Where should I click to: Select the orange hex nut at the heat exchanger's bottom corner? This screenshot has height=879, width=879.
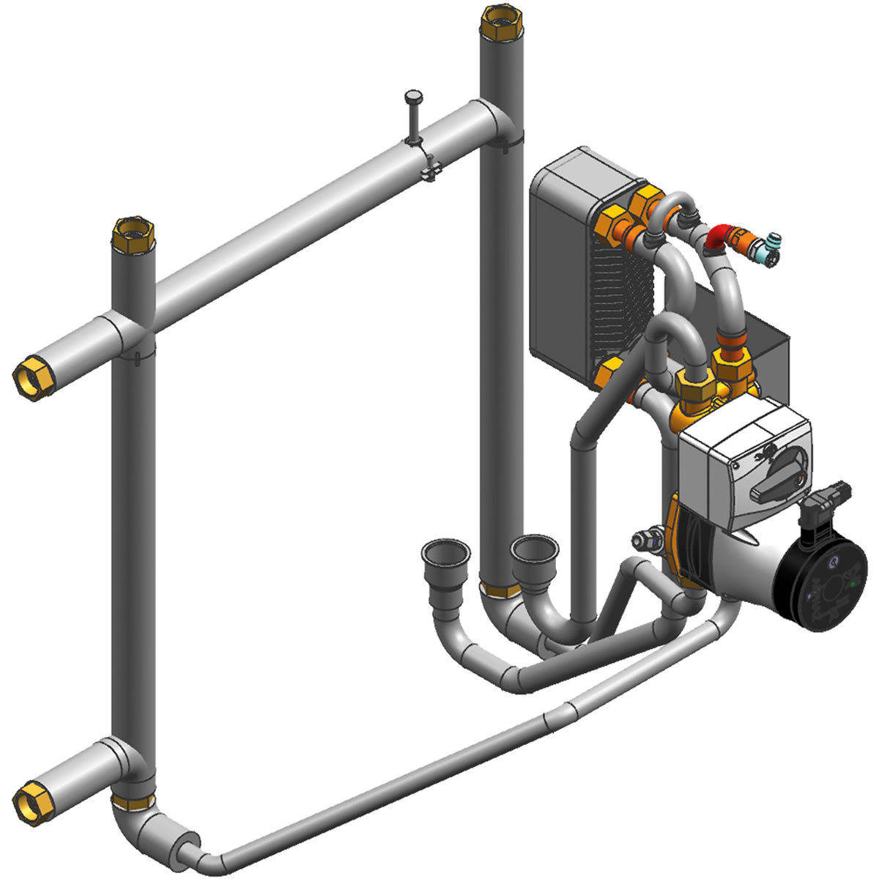click(607, 374)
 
